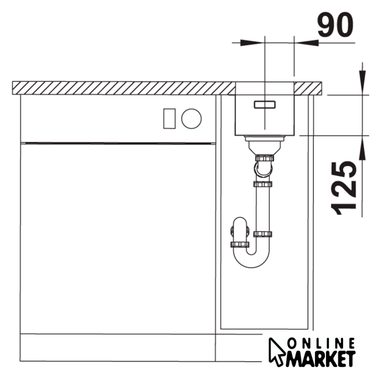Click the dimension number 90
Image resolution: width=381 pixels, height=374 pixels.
point(335,25)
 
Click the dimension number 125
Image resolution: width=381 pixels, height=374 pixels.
point(344,188)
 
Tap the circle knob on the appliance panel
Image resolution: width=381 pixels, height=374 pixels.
point(192,119)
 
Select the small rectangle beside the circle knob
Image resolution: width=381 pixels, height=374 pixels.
point(169,119)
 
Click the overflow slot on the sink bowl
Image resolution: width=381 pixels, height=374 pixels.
point(265,105)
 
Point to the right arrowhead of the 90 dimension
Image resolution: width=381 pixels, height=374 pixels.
point(306,43)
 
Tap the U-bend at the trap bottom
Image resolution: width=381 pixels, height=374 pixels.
point(251,264)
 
